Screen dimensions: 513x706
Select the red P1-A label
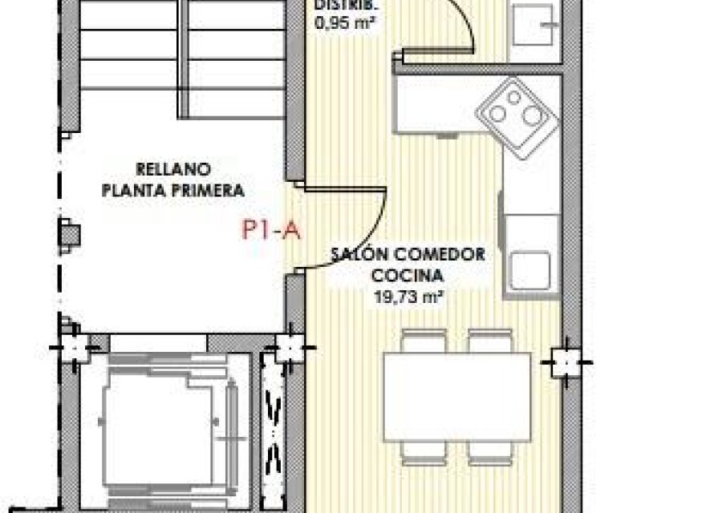270,232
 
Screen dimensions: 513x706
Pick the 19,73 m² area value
409,296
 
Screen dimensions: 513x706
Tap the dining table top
455,396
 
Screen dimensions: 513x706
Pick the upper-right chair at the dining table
489,341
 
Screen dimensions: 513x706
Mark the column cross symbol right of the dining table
567,362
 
